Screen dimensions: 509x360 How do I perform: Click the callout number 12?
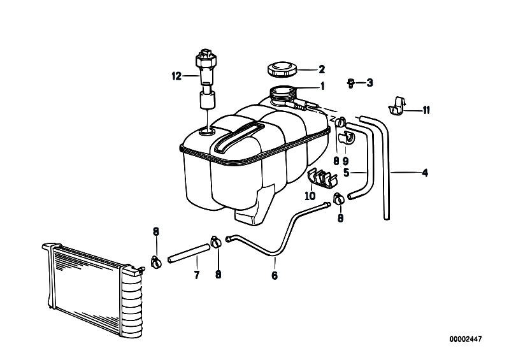coord(176,76)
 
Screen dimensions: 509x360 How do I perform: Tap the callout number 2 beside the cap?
coord(321,69)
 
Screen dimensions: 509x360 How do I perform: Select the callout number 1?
coord(322,86)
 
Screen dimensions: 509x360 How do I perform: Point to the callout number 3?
coord(369,83)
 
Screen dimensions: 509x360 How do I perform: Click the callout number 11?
coord(426,110)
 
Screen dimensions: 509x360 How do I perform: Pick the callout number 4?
coord(425,173)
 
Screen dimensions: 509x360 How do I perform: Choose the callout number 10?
coord(310,196)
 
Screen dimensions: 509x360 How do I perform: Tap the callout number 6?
coord(275,275)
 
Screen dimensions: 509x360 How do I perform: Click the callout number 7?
coord(197,275)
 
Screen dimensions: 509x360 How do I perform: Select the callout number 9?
coord(345,161)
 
